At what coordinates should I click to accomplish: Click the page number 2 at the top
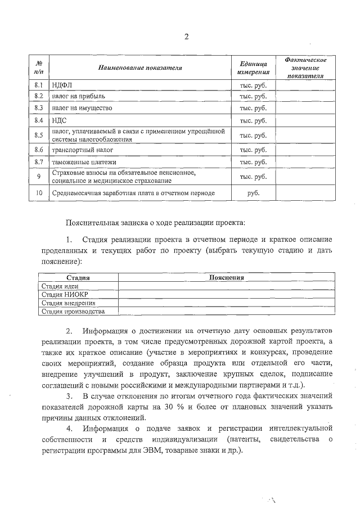click(186, 37)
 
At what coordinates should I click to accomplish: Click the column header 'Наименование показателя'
click(140, 67)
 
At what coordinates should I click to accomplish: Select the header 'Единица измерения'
click(253, 67)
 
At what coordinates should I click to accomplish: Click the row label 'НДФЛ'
click(60, 85)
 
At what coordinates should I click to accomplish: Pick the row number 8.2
click(39, 96)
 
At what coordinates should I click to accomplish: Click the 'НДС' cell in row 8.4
click(58, 121)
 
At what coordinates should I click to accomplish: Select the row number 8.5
click(39, 135)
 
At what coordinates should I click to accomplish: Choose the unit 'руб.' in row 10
click(253, 193)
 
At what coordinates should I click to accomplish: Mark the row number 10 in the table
click(39, 193)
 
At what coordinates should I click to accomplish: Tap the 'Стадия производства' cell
click(73, 310)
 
